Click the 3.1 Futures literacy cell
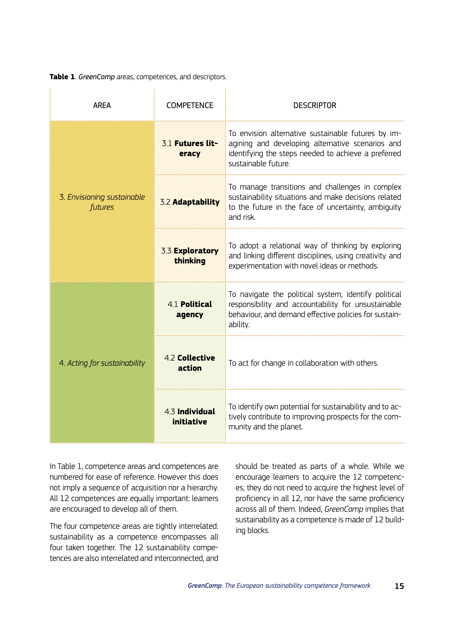[x=190, y=148]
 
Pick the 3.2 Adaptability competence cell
[x=190, y=202]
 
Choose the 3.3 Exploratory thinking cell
[x=190, y=256]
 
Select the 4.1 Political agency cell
[x=190, y=309]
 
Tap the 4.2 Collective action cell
[x=190, y=363]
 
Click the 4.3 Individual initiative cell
[x=190, y=417]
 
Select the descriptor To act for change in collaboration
[x=303, y=363]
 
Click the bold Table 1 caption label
[x=62, y=77]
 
